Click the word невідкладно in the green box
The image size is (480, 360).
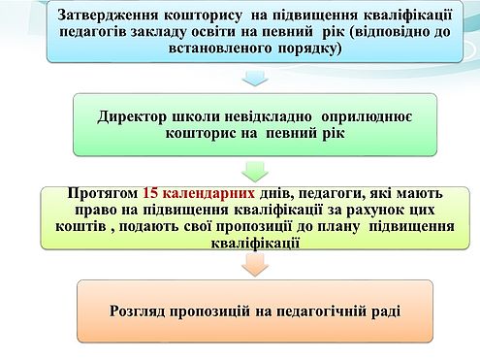(x=268, y=116)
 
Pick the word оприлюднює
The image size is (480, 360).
(x=367, y=116)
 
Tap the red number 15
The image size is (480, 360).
(x=150, y=193)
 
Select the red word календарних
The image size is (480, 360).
(x=208, y=193)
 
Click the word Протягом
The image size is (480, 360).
(x=103, y=193)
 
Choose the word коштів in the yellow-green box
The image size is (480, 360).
(x=80, y=226)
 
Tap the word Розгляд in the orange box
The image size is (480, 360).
(x=138, y=311)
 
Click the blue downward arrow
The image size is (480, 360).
(x=255, y=78)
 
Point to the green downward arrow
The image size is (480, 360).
(x=255, y=172)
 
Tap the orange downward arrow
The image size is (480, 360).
(x=255, y=265)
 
